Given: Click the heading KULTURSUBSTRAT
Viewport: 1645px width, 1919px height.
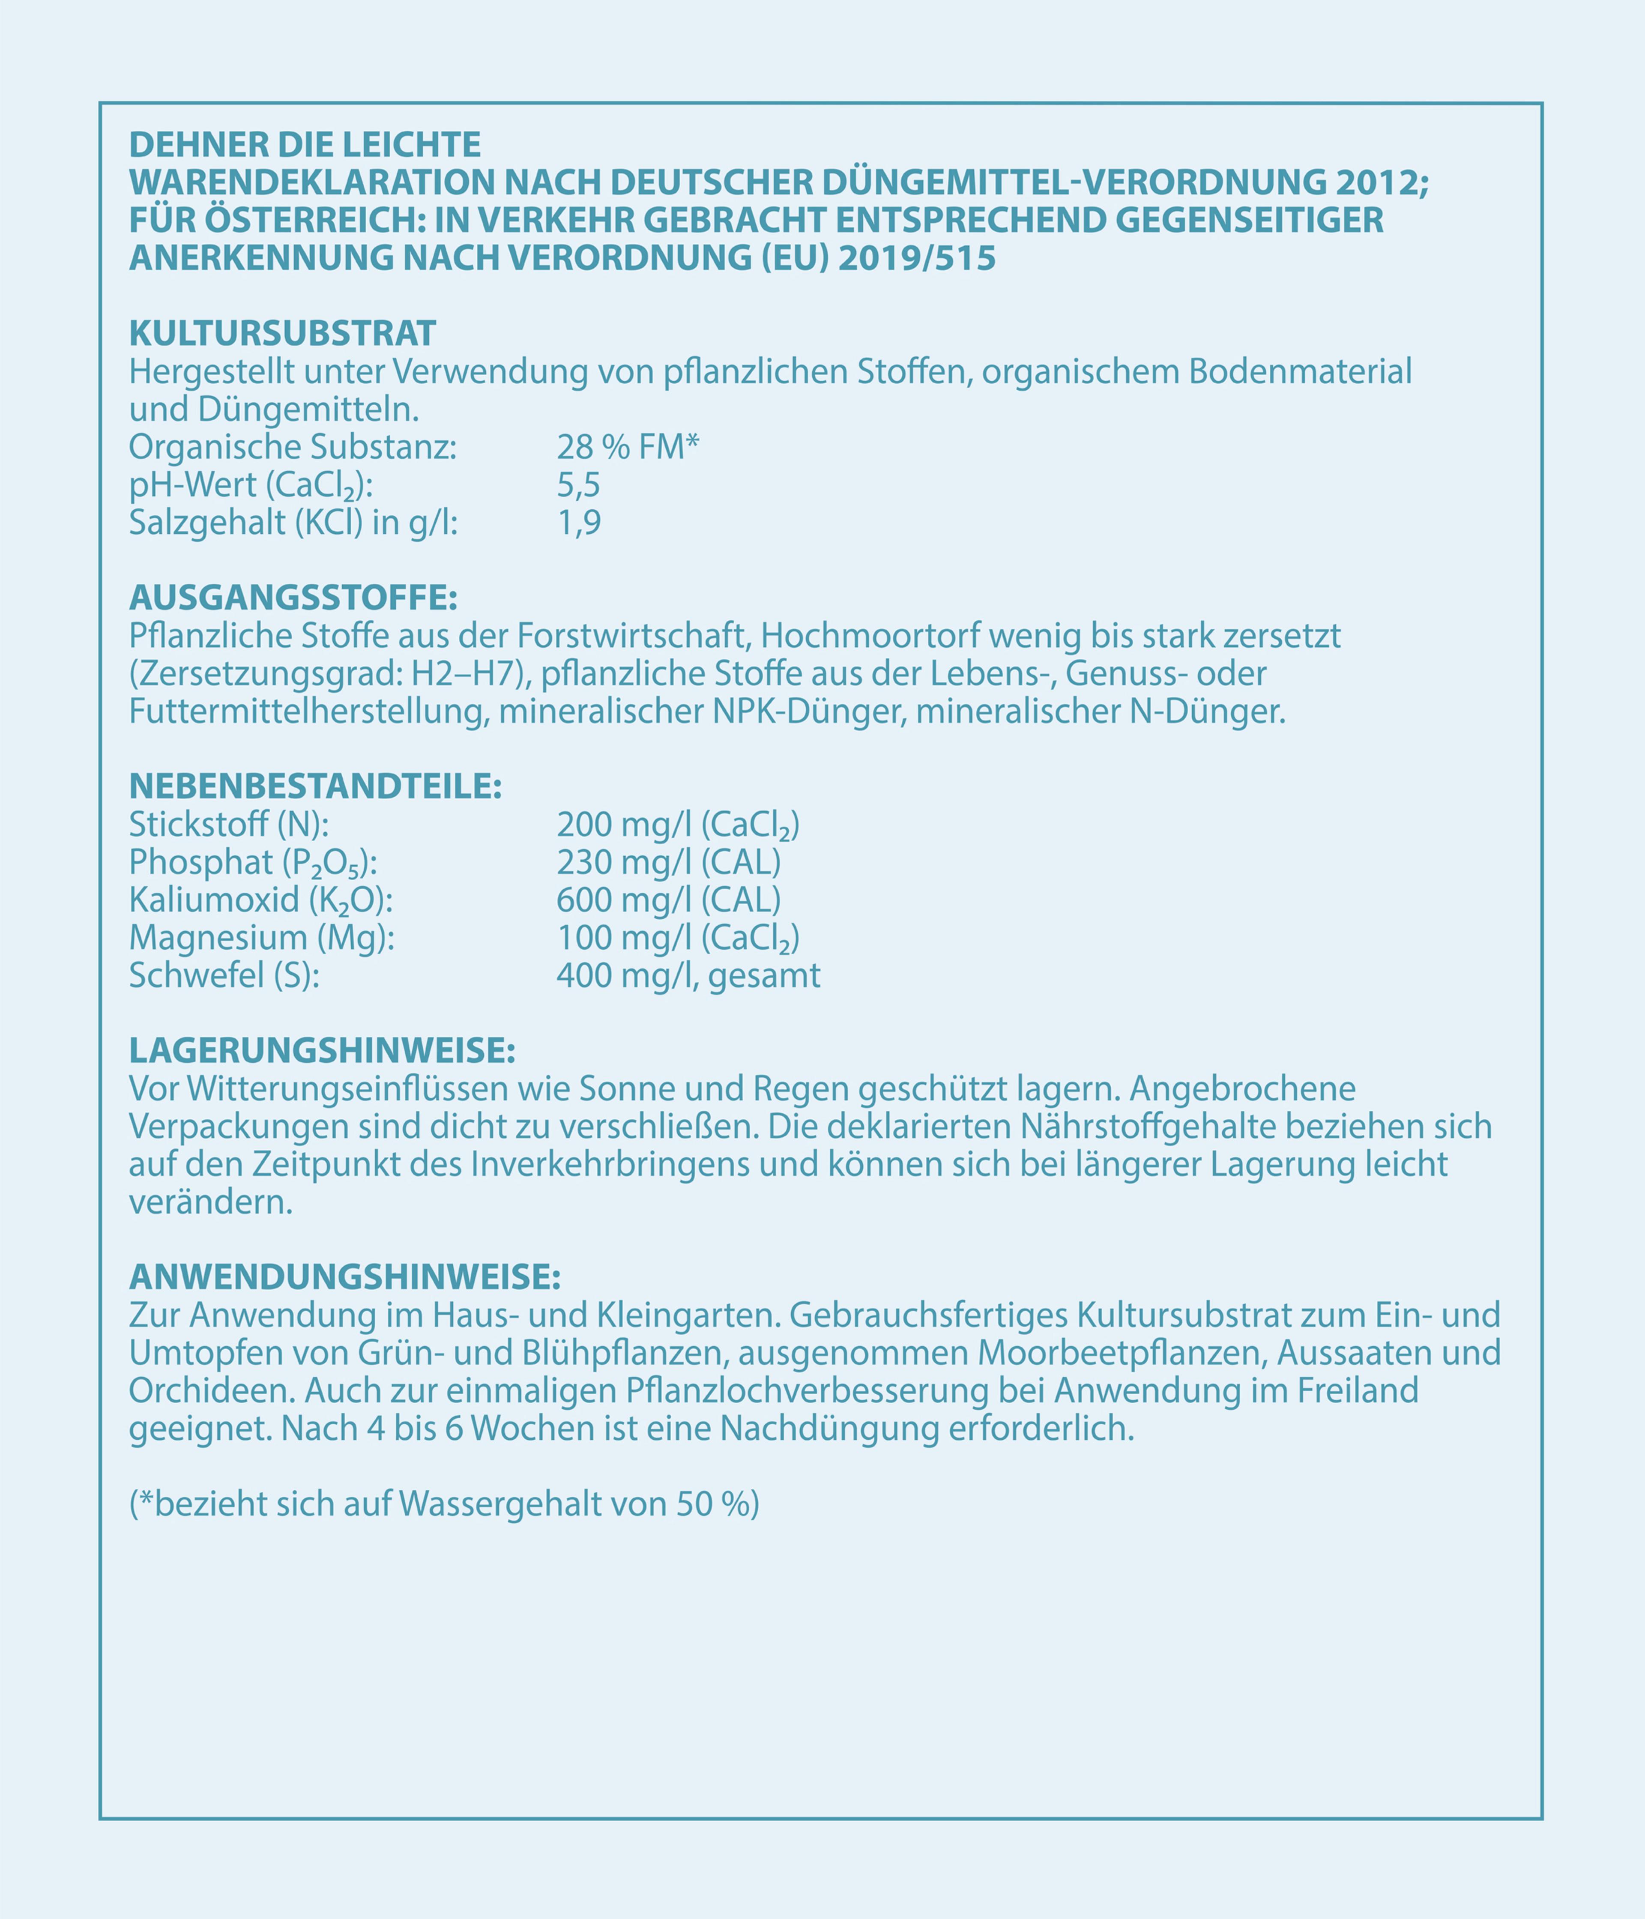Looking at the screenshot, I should (282, 332).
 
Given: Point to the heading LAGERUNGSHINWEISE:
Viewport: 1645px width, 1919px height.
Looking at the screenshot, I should (321, 1051).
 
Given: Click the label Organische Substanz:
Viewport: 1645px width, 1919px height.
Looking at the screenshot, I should (293, 447).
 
